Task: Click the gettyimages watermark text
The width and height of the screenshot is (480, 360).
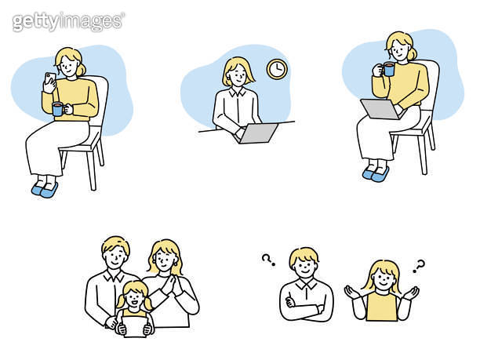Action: click(x=67, y=21)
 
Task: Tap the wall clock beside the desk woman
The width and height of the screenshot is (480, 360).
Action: click(x=276, y=69)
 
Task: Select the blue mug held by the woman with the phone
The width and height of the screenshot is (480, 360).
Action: click(x=57, y=109)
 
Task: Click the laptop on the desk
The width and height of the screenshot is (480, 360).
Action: click(x=258, y=133)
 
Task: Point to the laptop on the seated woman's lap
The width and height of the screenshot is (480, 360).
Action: click(x=380, y=108)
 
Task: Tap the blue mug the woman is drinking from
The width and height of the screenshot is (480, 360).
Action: click(x=388, y=69)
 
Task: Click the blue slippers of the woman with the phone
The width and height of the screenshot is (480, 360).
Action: click(x=45, y=189)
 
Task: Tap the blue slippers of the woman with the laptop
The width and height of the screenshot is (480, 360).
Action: click(x=376, y=172)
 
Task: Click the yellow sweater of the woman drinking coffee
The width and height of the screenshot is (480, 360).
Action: click(x=409, y=84)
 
